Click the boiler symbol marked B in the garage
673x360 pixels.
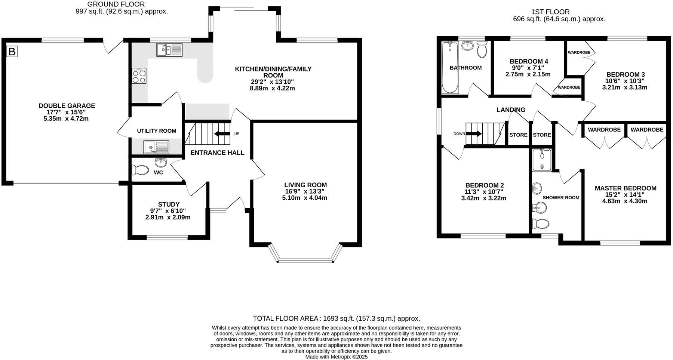click(12, 51)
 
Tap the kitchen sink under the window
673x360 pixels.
click(169, 50)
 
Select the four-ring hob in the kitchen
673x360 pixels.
click(139, 76)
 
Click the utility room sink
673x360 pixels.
click(156, 147)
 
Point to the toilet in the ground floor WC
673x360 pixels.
click(140, 170)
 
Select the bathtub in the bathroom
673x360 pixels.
click(449, 67)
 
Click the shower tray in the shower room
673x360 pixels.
click(541, 160)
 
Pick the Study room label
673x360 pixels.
click(169, 204)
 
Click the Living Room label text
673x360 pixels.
click(305, 185)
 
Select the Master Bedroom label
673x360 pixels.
click(625, 188)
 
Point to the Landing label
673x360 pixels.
click(510, 110)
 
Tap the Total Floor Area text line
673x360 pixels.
click(336, 319)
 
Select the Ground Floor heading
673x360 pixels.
click(116, 4)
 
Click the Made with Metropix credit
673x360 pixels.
click(336, 357)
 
